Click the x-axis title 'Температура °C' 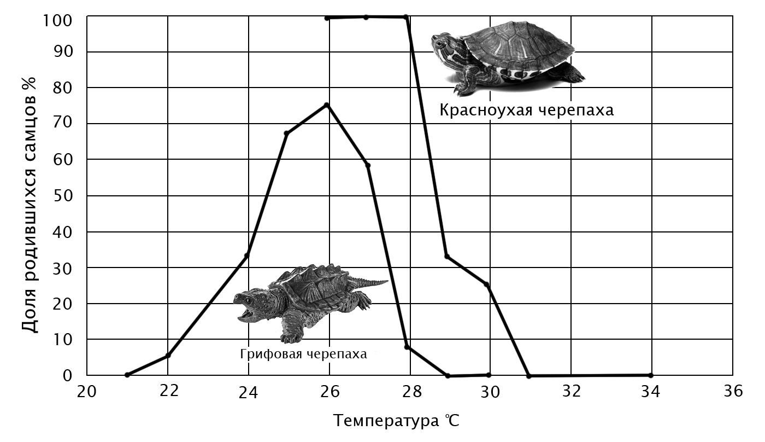(398, 421)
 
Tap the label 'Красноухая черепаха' (526, 111)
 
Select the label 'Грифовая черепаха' (303, 354)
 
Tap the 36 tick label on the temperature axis (732, 392)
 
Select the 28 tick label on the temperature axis (411, 392)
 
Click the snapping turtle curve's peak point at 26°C (327, 105)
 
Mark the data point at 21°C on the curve (127, 375)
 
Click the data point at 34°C (650, 375)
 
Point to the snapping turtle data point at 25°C (287, 133)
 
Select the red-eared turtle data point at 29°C (447, 256)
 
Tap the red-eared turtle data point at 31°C (529, 376)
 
